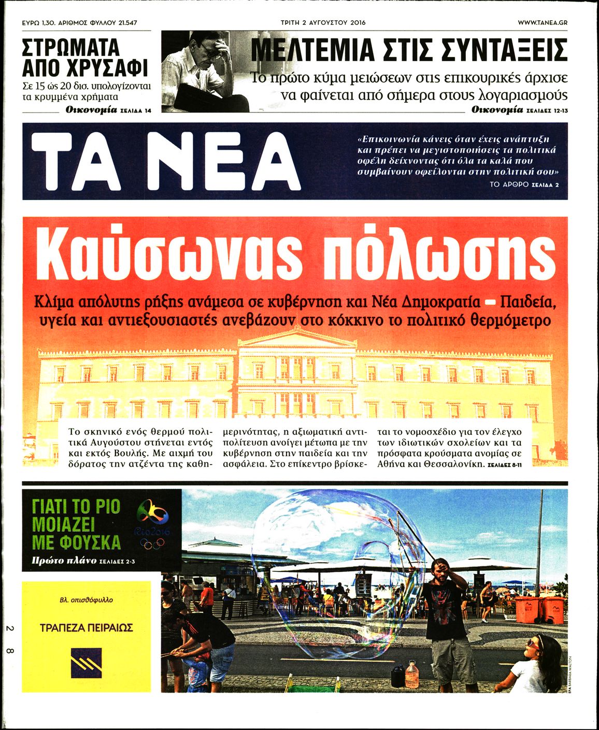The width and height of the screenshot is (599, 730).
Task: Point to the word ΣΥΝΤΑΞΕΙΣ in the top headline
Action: pos(500,50)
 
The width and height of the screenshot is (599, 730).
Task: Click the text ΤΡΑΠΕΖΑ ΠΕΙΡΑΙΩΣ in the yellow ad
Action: pos(87,628)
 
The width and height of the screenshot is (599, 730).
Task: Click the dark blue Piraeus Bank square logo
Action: pos(86,659)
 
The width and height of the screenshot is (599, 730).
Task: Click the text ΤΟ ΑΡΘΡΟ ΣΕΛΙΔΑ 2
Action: pos(524,185)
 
